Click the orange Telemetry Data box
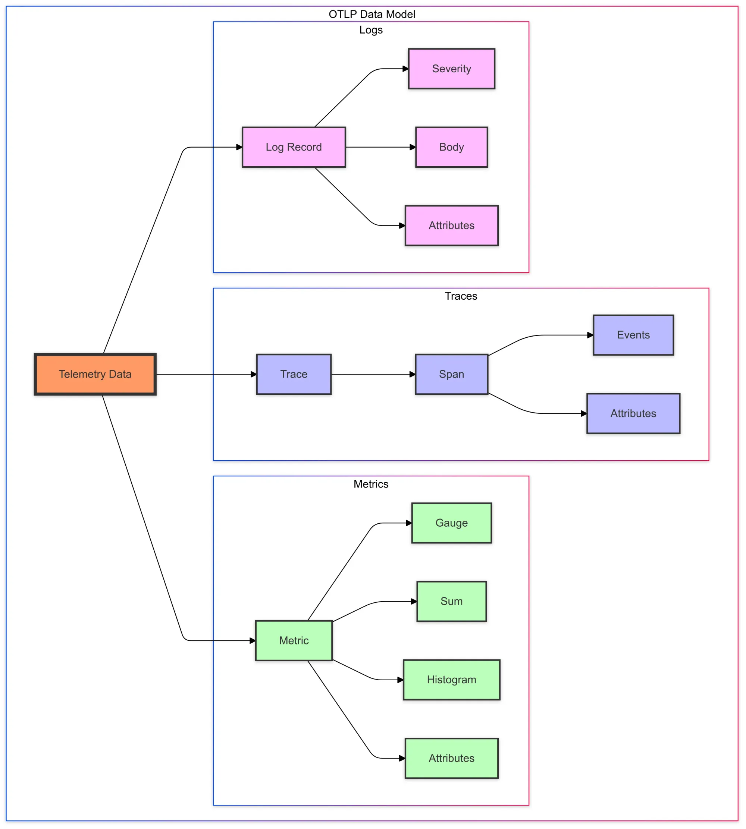coord(95,374)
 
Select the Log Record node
coord(294,147)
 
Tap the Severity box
coord(451,69)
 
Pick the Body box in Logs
coord(451,147)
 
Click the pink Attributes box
coord(451,225)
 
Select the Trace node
coord(294,374)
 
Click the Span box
coord(451,374)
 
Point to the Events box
coord(633,335)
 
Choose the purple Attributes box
coord(633,413)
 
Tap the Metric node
coord(294,640)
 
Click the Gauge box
coord(451,523)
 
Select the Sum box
coord(451,601)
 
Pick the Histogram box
coord(451,680)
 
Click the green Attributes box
coord(451,758)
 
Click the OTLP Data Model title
coord(372,14)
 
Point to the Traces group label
coord(461,296)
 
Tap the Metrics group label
coord(370,484)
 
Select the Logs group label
coord(370,30)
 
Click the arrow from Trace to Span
coord(373,374)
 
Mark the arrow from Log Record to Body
coord(380,147)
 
